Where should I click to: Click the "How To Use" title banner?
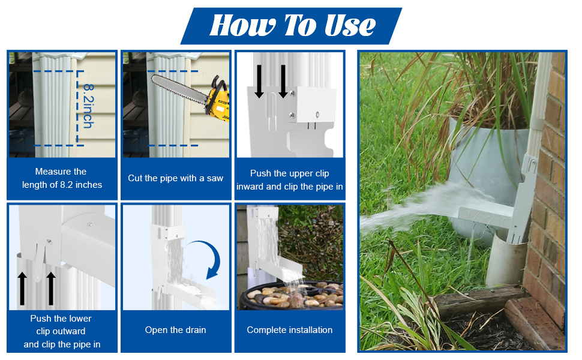(x=292, y=26)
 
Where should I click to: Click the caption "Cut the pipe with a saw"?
(x=175, y=178)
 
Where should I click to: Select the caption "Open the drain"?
(x=175, y=330)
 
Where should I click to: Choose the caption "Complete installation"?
(x=289, y=330)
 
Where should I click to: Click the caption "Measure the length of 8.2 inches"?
(x=61, y=178)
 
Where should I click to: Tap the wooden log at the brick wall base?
(x=480, y=300)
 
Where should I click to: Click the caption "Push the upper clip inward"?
(x=289, y=179)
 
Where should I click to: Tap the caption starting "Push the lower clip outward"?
(x=61, y=331)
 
